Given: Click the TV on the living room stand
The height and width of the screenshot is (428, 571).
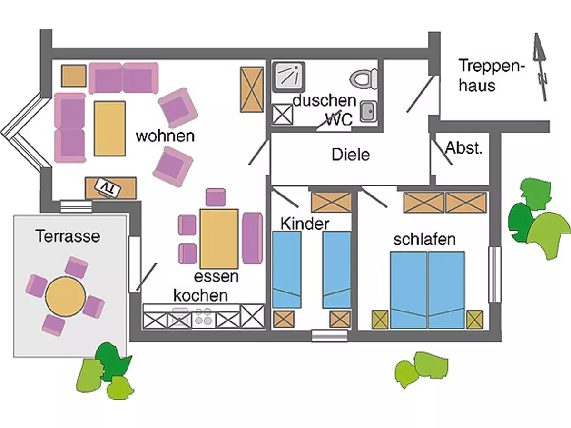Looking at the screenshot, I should tap(108, 187).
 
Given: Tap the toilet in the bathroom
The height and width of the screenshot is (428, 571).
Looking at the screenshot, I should tap(364, 78).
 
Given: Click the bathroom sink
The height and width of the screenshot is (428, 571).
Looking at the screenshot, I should tap(367, 111).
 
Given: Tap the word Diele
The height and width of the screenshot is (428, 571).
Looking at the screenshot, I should tap(351, 155).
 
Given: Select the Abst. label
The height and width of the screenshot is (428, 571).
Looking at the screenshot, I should tap(463, 148).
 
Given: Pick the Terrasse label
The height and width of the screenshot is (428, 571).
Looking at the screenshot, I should tap(68, 236).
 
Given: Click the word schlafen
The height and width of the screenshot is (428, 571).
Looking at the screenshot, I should tap(424, 239).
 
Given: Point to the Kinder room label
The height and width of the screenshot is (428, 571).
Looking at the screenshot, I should tap(305, 224).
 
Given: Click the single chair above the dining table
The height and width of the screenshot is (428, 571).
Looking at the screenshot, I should tap(216, 197).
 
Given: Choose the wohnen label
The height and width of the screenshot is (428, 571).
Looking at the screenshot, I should tap(165, 136).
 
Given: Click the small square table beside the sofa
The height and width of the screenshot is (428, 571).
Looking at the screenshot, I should tap(74, 76).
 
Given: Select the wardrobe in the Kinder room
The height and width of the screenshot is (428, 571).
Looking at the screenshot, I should tap(331, 202).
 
